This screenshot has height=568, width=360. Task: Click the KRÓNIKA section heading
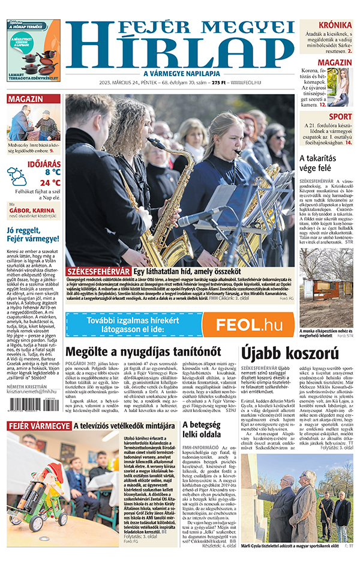[x=335, y=25]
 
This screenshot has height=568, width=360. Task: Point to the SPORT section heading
[x=340, y=116]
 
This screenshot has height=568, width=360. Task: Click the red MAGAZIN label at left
[x=26, y=99]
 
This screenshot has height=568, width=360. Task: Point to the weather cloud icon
[x=17, y=176]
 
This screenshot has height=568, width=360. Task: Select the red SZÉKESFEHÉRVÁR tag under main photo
[x=96, y=272]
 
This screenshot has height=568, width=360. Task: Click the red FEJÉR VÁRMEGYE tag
[x=38, y=443]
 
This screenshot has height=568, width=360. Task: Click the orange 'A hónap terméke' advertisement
[x=32, y=50]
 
